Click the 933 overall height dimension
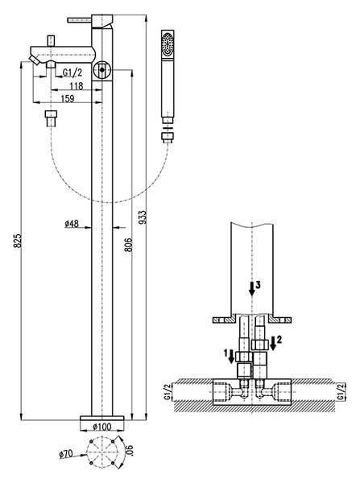(x=143, y=217)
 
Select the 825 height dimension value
(x=18, y=241)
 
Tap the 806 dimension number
(x=128, y=245)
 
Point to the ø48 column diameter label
(x=72, y=224)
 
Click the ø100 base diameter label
(x=102, y=427)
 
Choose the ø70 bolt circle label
(x=66, y=453)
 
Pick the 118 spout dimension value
(x=77, y=86)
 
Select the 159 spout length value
(x=68, y=98)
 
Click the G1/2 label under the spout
(x=72, y=72)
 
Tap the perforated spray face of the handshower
(x=168, y=44)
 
